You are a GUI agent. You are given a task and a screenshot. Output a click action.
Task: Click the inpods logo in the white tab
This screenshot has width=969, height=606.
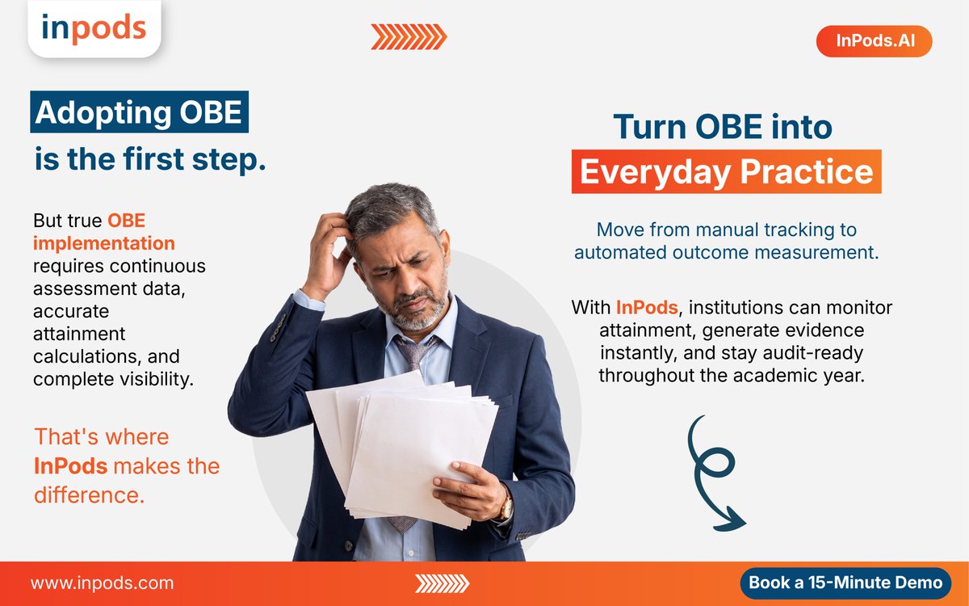click(94, 27)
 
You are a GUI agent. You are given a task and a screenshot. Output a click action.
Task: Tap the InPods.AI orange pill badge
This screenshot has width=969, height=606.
click(874, 40)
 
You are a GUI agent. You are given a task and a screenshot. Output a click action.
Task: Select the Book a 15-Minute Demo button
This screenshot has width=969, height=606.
click(845, 583)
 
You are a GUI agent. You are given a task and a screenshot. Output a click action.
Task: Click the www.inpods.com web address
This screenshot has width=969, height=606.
click(102, 583)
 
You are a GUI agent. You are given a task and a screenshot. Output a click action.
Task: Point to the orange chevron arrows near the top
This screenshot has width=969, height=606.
click(409, 37)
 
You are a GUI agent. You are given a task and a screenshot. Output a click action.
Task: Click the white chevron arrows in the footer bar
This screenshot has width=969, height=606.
click(443, 583)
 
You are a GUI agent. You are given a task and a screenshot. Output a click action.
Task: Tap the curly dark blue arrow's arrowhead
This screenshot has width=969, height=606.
click(732, 520)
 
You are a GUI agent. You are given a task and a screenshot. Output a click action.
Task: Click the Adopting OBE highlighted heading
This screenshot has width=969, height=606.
click(139, 112)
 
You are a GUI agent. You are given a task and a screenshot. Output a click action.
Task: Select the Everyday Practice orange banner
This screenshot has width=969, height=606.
click(726, 171)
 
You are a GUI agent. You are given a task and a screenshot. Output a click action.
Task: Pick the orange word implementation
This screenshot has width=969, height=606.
click(104, 243)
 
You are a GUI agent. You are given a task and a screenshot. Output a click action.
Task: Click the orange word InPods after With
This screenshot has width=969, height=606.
click(647, 307)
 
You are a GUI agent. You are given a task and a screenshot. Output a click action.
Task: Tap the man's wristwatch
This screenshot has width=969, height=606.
click(505, 507)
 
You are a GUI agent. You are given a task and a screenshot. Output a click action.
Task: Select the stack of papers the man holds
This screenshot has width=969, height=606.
click(402, 450)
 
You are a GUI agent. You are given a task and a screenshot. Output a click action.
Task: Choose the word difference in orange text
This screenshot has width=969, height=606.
click(89, 494)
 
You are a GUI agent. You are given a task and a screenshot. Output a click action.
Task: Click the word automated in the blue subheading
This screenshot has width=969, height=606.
click(620, 252)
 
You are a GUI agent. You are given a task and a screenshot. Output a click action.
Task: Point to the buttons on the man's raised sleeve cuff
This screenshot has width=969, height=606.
click(278, 328)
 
